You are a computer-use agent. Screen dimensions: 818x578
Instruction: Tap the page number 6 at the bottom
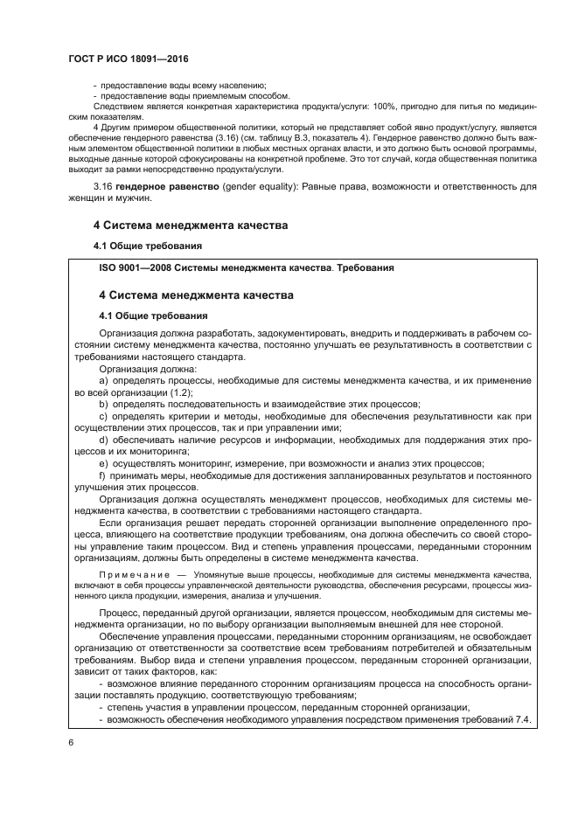[x=71, y=742]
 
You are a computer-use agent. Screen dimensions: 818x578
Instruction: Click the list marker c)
[x=105, y=416]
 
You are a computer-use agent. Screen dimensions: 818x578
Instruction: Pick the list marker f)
[x=104, y=475]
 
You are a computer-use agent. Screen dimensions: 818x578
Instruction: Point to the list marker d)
[x=105, y=440]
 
